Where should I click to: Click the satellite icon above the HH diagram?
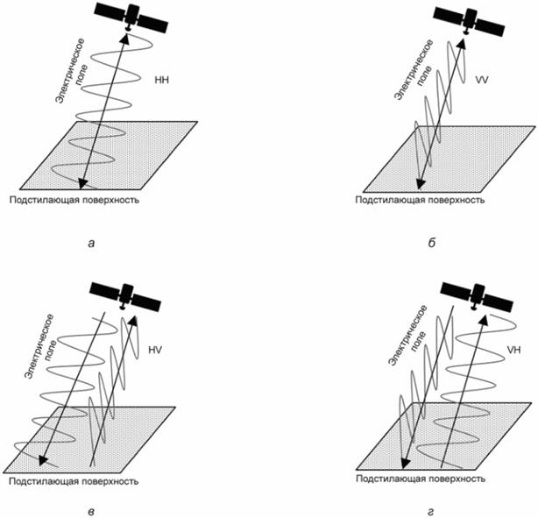pyautogui.click(x=130, y=17)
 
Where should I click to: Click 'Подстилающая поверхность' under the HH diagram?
pyautogui.click(x=74, y=200)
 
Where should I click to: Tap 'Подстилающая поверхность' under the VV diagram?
pyautogui.click(x=420, y=200)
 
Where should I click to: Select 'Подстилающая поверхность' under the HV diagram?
pyautogui.click(x=74, y=481)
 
